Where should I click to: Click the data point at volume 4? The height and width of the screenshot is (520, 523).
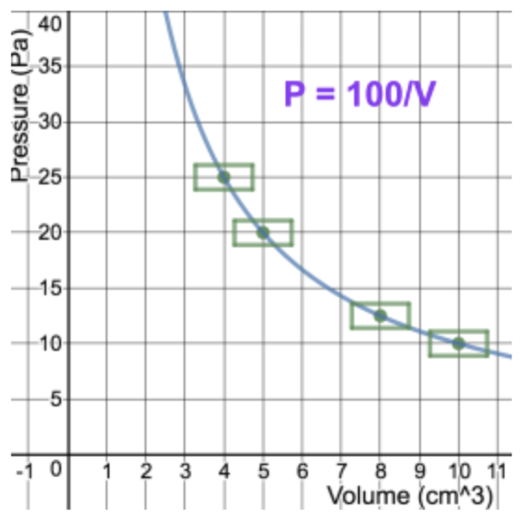point(224,177)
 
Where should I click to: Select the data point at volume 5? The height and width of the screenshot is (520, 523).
point(263,232)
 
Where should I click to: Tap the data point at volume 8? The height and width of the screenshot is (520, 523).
point(380,316)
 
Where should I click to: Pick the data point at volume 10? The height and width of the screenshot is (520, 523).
point(458,344)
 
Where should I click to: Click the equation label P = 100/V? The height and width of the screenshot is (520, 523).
point(359,94)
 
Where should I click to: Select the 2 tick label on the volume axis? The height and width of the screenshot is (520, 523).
point(146,471)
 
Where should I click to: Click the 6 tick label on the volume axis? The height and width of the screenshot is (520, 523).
point(302,471)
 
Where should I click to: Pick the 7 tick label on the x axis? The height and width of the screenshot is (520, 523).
point(341,471)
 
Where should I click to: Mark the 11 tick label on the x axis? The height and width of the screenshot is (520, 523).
point(499,471)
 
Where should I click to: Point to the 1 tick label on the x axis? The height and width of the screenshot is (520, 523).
point(107,471)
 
